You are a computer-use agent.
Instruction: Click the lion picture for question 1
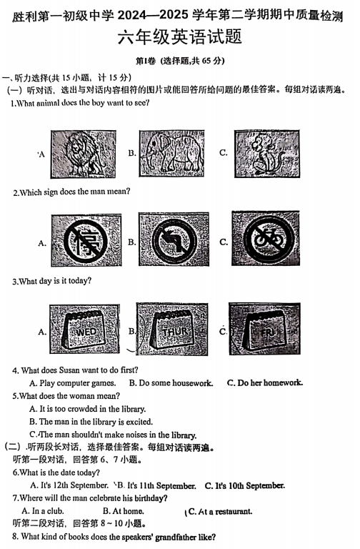[x=84, y=154]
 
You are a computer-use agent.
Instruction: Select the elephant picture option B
[x=171, y=154]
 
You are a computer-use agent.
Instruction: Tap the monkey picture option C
[x=267, y=154]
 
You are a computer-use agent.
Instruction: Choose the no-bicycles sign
[x=266, y=238]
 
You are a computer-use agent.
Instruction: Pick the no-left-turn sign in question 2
[x=174, y=239]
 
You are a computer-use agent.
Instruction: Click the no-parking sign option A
[x=86, y=241]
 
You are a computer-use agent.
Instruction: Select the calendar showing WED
[x=85, y=329]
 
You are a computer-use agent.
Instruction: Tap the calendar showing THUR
[x=172, y=329]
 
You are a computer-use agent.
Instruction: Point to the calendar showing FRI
[x=265, y=329]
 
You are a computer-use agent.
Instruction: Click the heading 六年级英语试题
[x=180, y=37]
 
